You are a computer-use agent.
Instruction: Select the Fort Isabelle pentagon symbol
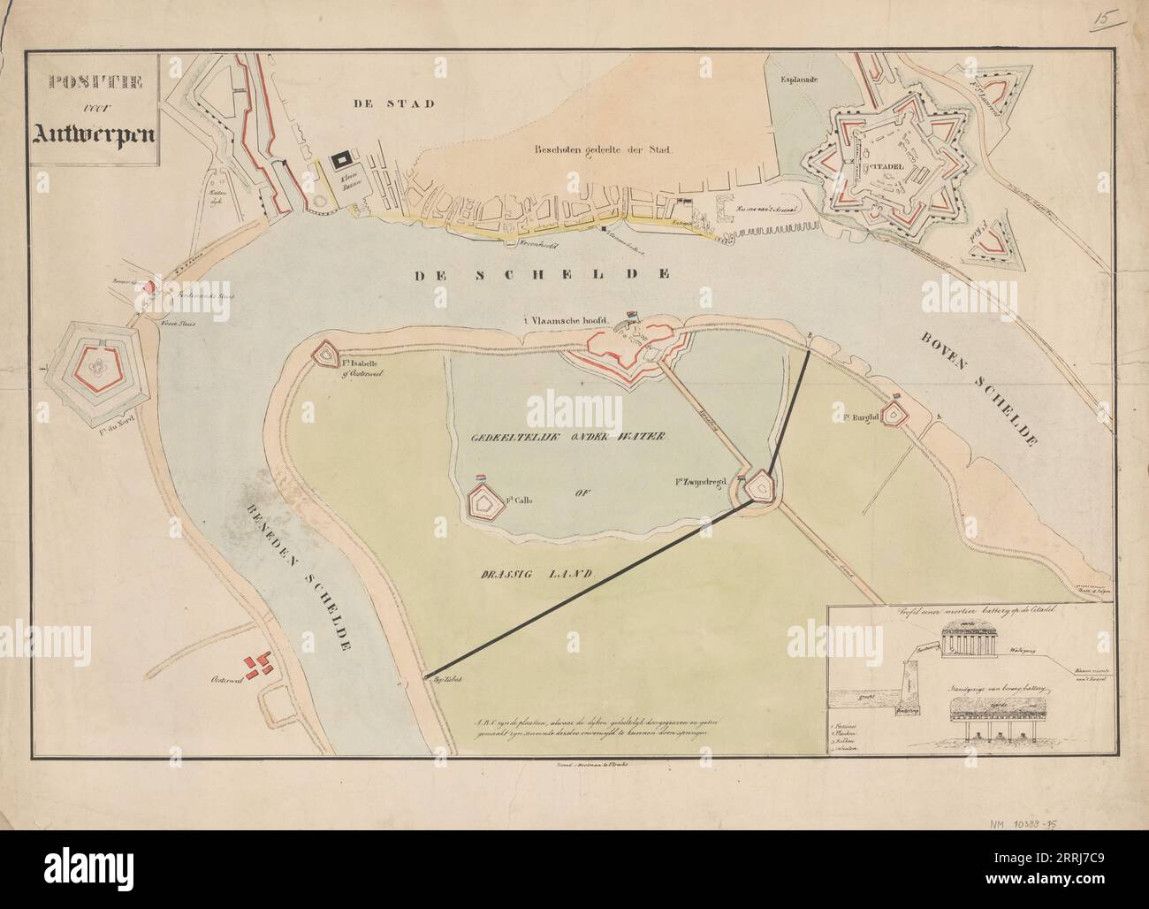coord(323,353)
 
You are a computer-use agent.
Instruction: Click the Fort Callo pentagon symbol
coord(483,502)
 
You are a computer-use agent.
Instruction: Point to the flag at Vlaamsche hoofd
coord(631,314)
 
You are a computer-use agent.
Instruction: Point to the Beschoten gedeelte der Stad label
coord(603,149)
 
